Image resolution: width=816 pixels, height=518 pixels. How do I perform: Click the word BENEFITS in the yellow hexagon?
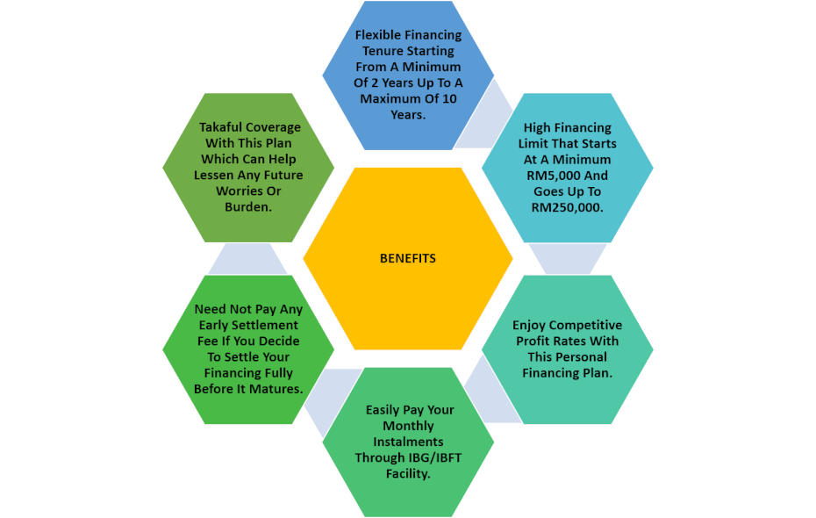click(408, 259)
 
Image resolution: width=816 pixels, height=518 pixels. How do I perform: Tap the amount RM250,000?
click(567, 208)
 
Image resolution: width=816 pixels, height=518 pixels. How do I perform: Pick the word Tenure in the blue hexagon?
click(382, 51)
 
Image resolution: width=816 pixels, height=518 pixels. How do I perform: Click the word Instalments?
click(408, 442)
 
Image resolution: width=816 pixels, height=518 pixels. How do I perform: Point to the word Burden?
click(248, 206)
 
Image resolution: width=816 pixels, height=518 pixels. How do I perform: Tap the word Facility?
click(408, 474)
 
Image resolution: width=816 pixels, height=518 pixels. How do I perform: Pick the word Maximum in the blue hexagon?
click(390, 99)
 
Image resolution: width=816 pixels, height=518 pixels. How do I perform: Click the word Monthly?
click(408, 426)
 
